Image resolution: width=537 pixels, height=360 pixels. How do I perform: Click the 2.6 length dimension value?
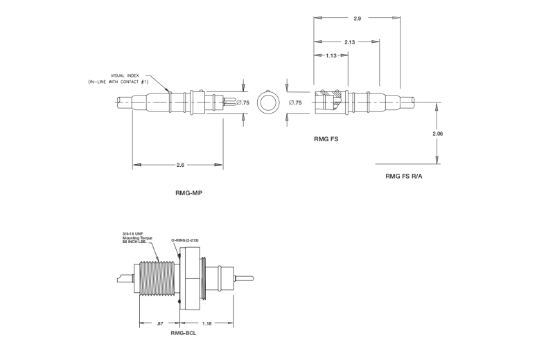tap(180, 165)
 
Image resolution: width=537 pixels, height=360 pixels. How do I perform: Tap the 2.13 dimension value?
tap(349, 42)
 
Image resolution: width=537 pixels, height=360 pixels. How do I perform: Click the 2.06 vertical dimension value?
tap(437, 133)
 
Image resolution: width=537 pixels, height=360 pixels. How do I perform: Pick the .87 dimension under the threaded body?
tap(161, 323)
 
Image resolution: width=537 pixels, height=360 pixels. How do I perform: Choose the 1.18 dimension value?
tap(208, 323)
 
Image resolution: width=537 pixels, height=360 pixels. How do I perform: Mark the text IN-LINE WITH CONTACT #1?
tap(118, 82)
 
